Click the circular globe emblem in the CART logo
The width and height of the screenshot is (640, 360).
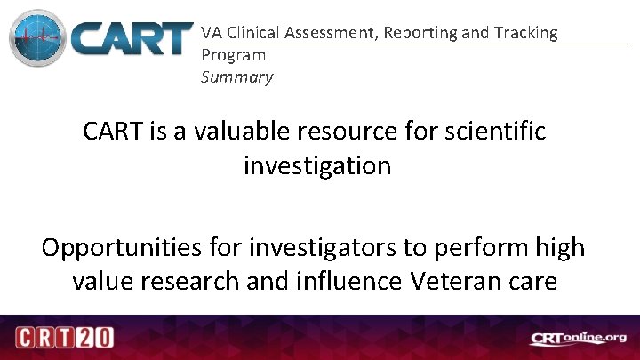coord(38,39)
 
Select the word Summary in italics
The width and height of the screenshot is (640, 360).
coord(237,76)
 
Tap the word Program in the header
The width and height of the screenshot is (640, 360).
coord(234,54)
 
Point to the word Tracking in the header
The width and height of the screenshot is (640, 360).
coord(527,33)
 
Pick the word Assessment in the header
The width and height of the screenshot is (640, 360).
coord(339,33)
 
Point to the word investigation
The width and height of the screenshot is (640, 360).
coord(316,165)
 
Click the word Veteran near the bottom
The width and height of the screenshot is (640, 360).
coord(454,281)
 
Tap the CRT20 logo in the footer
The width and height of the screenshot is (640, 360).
coord(61,338)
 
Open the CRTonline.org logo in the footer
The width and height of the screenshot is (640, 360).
coord(578,338)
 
